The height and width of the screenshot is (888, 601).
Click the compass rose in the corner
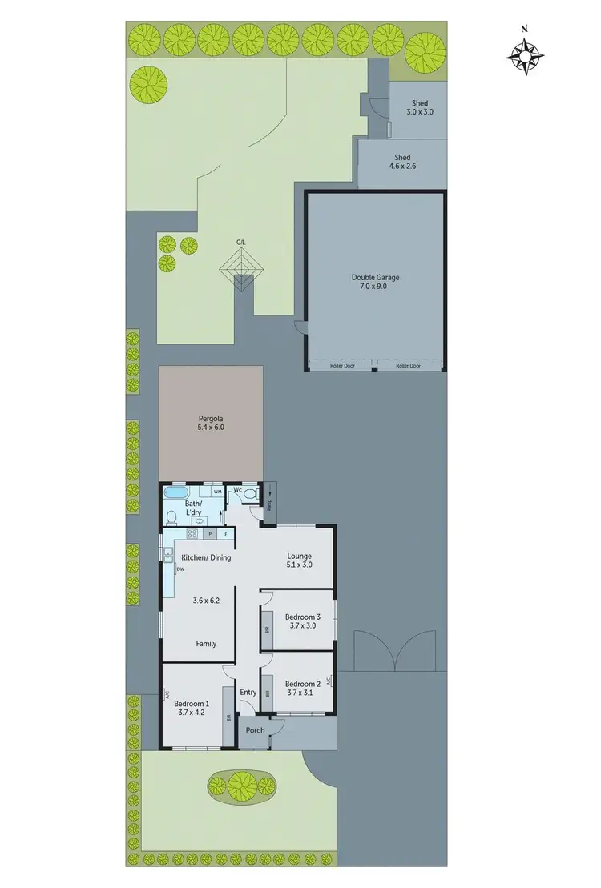[526, 55]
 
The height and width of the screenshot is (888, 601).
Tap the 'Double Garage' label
[375, 278]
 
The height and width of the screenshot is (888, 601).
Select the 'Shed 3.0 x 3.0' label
[419, 103]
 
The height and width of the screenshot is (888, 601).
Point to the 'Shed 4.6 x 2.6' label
[402, 158]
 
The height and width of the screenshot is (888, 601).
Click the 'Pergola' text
[211, 418]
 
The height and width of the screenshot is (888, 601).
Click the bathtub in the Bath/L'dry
[176, 494]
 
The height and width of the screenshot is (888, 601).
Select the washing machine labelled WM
[217, 492]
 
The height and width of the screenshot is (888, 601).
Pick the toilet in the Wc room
[250, 495]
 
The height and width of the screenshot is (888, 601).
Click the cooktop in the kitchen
[193, 533]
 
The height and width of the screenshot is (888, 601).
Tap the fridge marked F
[226, 533]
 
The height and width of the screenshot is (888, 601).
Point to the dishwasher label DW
[180, 569]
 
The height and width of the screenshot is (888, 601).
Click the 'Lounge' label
[299, 556]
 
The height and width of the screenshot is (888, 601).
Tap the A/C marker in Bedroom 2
[329, 683]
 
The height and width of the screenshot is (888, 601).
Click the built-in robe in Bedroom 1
[228, 717]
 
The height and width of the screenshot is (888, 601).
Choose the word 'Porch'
[255, 729]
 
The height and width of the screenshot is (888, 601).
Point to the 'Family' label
[207, 643]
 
